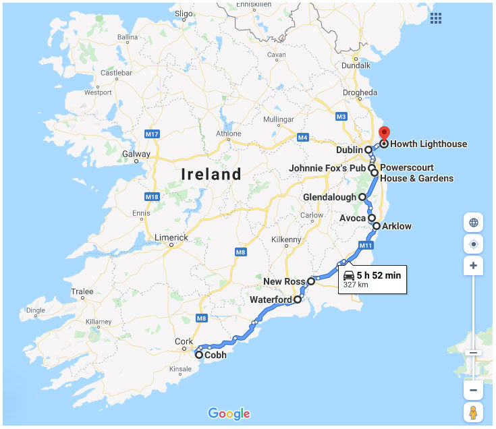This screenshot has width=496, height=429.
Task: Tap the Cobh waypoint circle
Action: [x=199, y=354]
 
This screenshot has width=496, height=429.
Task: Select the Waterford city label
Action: [x=270, y=299]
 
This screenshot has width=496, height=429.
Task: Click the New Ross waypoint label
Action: [x=284, y=281]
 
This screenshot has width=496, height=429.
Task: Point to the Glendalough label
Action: [x=329, y=197]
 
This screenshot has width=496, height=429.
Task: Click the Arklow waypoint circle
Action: [x=377, y=226]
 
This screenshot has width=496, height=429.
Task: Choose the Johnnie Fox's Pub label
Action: [x=327, y=167]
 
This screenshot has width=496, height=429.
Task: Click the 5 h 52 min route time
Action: [x=379, y=275]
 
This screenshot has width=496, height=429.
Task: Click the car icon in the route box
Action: [x=349, y=275]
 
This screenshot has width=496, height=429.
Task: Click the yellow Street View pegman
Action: [x=473, y=412]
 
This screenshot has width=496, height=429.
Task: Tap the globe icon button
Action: [x=473, y=222]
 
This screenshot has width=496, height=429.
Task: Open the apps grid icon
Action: [x=436, y=18]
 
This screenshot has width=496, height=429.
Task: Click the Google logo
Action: [x=229, y=413]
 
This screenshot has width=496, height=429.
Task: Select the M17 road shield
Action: [x=152, y=134]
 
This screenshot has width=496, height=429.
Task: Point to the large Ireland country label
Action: [x=211, y=175]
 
